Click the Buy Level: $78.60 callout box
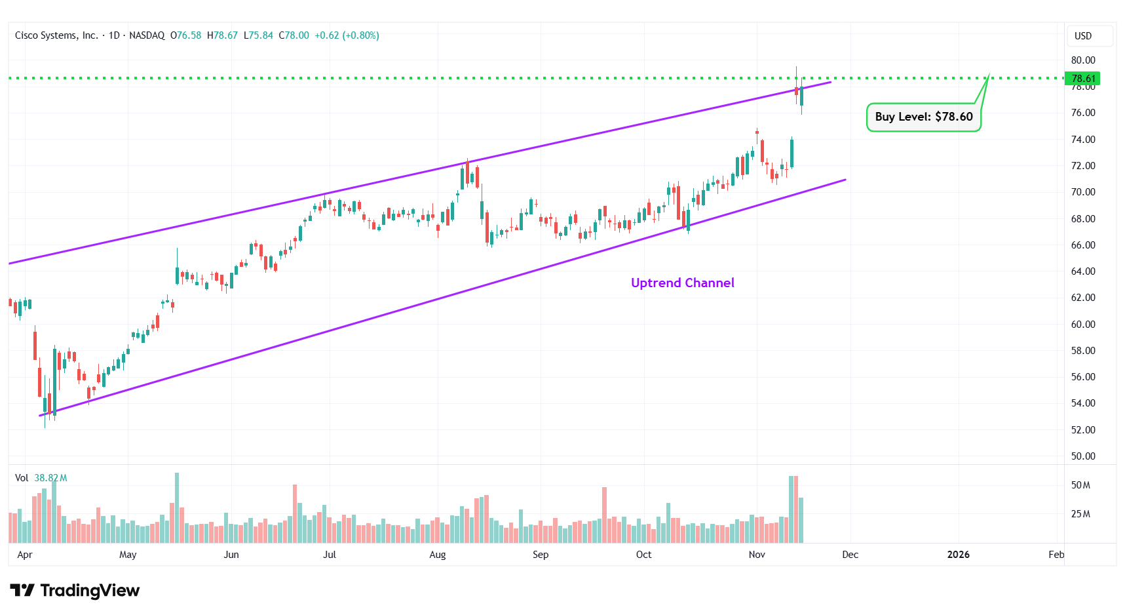(923, 117)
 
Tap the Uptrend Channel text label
(682, 283)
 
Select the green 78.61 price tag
(1082, 79)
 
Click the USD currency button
(1083, 36)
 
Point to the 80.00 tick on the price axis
(1082, 60)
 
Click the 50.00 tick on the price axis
(1082, 456)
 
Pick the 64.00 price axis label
(1082, 271)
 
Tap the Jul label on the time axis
(330, 555)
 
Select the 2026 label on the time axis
(958, 555)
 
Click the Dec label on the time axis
(850, 555)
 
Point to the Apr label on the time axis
(25, 555)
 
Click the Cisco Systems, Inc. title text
(56, 35)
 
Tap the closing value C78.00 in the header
(294, 35)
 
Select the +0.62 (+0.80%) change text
(347, 35)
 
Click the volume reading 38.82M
(50, 478)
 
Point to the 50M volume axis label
(1080, 485)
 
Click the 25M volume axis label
(1080, 514)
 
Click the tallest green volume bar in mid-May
(177, 507)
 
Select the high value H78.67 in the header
(223, 35)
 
